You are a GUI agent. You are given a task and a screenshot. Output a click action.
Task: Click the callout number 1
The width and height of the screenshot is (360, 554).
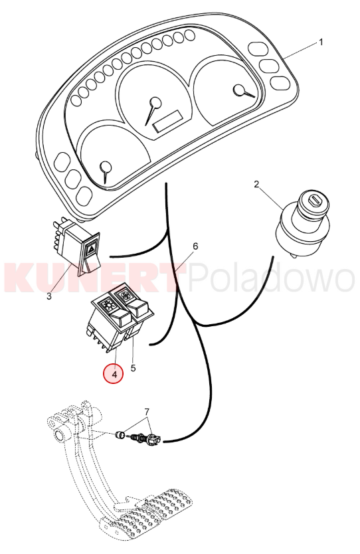click(321, 43)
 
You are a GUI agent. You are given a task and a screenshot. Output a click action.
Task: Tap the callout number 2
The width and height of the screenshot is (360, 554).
click(256, 184)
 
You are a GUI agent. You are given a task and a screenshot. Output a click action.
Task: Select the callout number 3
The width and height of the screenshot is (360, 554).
click(49, 296)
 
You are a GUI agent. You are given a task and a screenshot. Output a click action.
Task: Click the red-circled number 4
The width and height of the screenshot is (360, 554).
click(114, 374)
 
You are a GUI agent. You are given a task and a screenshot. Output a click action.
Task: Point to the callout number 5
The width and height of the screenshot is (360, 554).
click(133, 368)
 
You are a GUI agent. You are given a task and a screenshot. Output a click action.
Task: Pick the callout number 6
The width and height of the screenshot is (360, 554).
click(195, 246)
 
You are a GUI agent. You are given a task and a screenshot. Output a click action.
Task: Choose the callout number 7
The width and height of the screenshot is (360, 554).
click(147, 412)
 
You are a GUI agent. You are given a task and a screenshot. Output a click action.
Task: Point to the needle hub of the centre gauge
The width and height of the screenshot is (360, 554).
click(155, 103)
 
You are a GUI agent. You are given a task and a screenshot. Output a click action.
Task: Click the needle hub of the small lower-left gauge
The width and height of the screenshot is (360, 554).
click(106, 167)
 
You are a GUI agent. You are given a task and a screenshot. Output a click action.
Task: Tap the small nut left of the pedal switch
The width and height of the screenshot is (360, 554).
click(121, 434)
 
